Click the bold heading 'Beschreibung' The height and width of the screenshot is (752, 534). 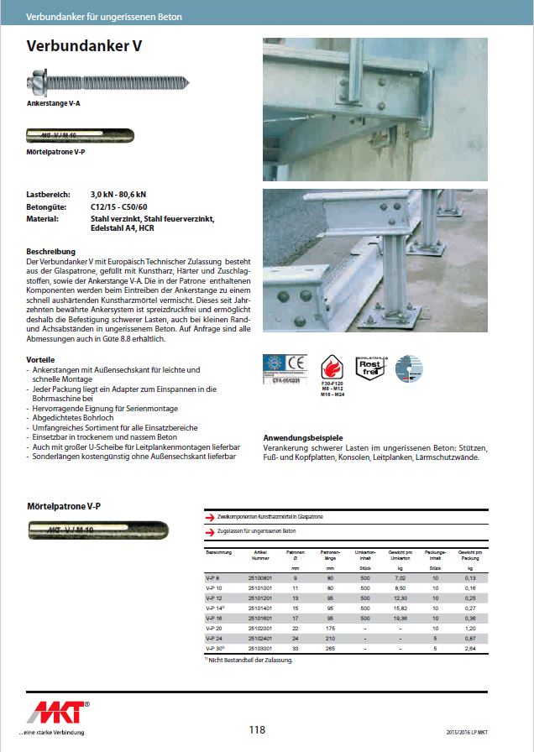pyautogui.click(x=51, y=252)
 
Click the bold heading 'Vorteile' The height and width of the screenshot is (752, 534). pyautogui.click(x=41, y=359)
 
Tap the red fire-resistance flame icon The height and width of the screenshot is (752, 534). pyautogui.click(x=334, y=368)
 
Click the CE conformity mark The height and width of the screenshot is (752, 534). pyautogui.click(x=296, y=365)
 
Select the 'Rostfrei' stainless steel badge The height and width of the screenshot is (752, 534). pyautogui.click(x=373, y=368)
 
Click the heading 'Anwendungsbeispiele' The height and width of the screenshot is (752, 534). pyautogui.click(x=303, y=438)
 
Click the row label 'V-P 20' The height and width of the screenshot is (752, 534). pyautogui.click(x=214, y=628)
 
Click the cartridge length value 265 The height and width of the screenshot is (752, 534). pyautogui.click(x=332, y=649)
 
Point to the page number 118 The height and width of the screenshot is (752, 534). pyautogui.click(x=257, y=729)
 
